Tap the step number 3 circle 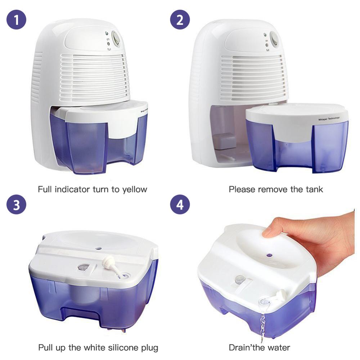(17, 204)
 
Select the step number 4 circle (180, 204)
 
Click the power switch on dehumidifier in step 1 (116, 39)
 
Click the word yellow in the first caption (133, 189)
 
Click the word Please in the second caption (242, 189)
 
